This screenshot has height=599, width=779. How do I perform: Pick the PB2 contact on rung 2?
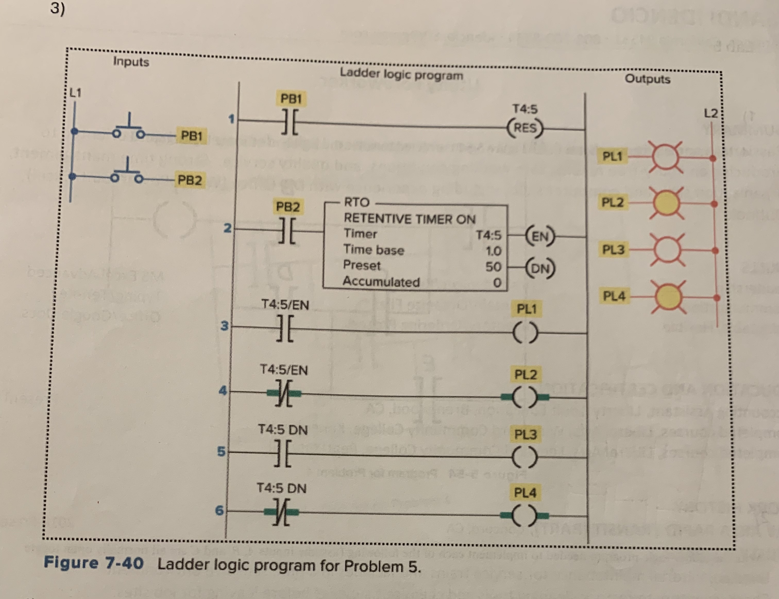coord(287,231)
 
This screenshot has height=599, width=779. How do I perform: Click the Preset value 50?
coord(493,267)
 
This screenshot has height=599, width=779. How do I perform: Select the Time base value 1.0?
coord(493,251)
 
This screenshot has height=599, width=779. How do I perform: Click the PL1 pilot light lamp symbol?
coord(666,157)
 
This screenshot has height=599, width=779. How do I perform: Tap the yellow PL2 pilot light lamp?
coord(666,203)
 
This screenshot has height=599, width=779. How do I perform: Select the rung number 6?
coord(220,510)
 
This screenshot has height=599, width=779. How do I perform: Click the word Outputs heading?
coord(647,79)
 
